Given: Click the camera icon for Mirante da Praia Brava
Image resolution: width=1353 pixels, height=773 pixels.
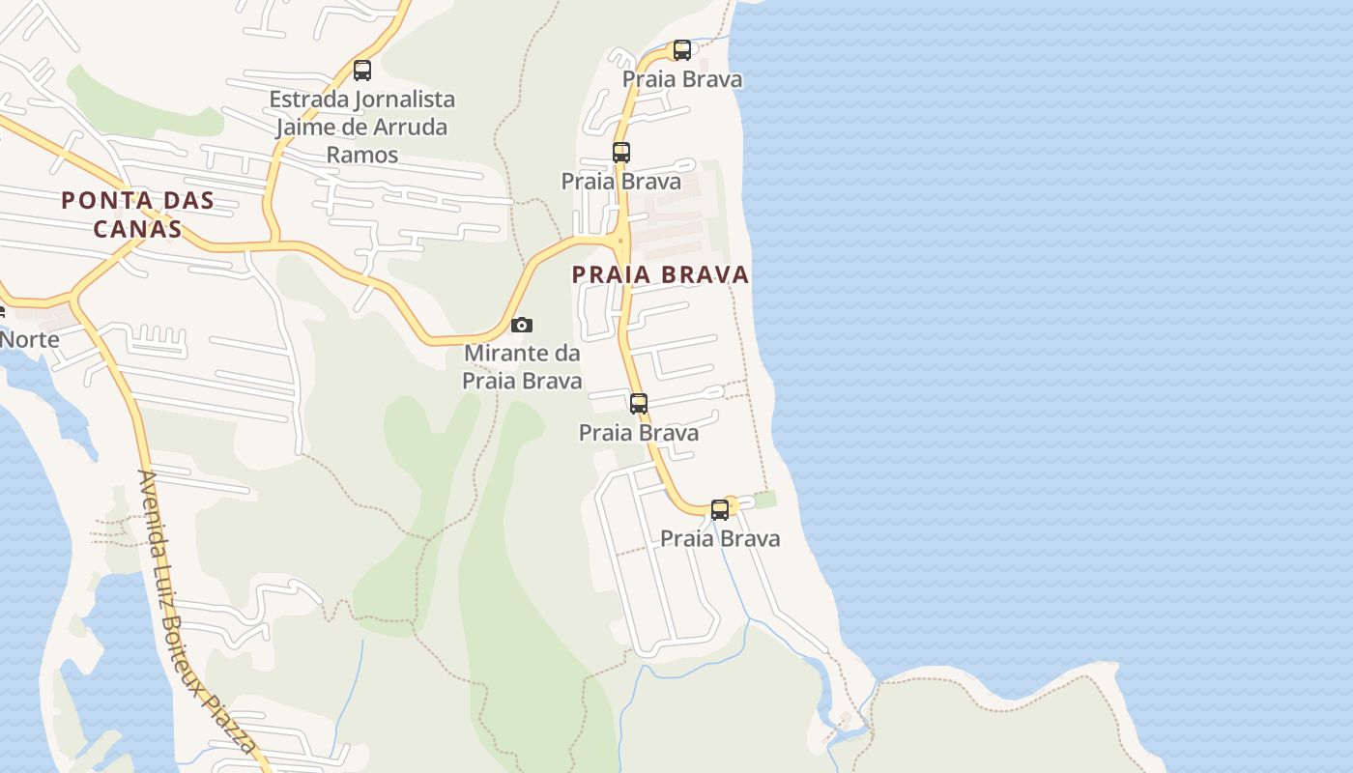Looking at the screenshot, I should pos(522,325).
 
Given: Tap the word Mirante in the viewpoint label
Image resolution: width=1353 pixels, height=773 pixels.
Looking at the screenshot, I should pos(508,353).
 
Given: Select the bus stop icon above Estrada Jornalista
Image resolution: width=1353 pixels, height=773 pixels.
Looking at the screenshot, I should pos(362,71).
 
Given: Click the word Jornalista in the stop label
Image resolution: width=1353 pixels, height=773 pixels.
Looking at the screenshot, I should pos(406,100).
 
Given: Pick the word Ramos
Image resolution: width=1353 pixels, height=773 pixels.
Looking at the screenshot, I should pos(362,155).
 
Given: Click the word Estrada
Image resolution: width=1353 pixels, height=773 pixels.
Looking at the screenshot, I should pos(308,100).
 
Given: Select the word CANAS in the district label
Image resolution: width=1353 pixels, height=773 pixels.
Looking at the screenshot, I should pos(137,229).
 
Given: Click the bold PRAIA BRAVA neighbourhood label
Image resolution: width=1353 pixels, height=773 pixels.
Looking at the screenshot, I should pos(661,274).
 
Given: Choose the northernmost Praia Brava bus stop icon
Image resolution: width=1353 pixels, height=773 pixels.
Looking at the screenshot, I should pos(682,50).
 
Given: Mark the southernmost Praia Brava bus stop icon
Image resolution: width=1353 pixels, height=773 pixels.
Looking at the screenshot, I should pos(720,510).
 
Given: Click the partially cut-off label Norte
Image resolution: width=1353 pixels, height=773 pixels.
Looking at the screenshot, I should pos(29,340).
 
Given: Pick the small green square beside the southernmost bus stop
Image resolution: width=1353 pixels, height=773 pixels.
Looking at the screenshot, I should pos(765,500).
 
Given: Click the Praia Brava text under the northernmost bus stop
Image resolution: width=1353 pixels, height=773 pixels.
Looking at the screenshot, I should pos(682,79).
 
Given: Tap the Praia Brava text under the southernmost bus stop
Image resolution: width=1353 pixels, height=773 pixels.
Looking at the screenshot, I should pos(720,538).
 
